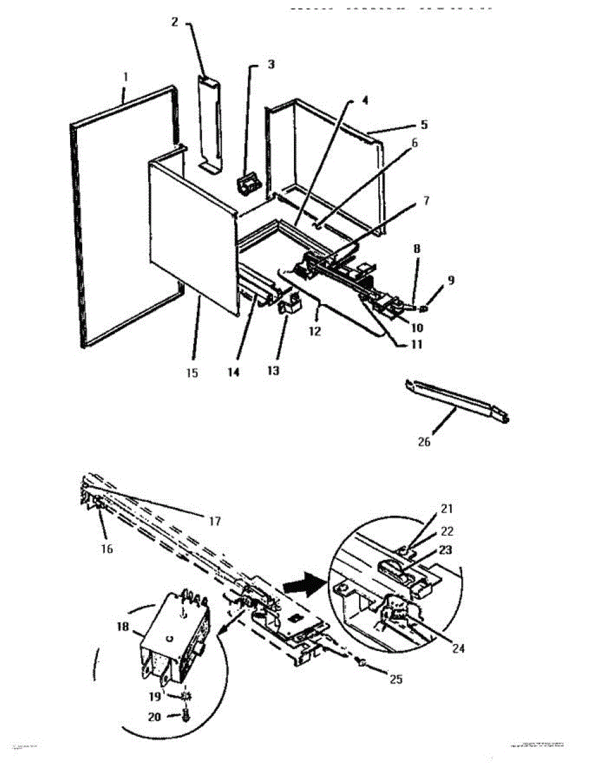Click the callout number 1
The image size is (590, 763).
[x=125, y=77]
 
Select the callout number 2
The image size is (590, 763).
[x=174, y=22]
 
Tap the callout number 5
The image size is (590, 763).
[x=424, y=125]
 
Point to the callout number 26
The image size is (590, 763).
[x=424, y=442]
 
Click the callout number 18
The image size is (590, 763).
[x=123, y=627]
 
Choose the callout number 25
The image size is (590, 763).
[x=396, y=679]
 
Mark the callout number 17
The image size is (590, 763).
[x=214, y=521]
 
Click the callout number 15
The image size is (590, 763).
[x=192, y=373]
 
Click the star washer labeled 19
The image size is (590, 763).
[x=186, y=696]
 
